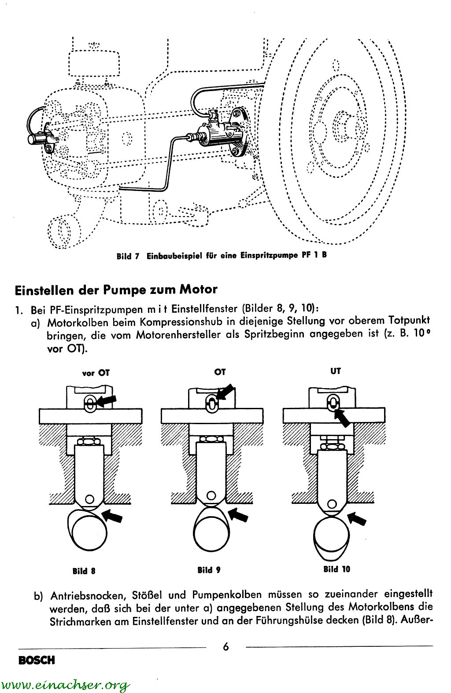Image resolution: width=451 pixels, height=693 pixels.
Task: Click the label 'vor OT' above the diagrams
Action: tap(96, 373)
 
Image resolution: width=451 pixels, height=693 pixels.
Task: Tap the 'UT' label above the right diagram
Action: tap(336, 371)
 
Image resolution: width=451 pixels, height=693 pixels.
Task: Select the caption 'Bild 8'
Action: tap(84, 572)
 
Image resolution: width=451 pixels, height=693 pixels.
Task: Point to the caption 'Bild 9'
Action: tap(209, 570)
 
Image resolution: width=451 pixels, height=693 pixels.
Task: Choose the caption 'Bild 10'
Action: tap(336, 569)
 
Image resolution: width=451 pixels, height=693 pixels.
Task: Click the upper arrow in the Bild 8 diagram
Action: tap(107, 400)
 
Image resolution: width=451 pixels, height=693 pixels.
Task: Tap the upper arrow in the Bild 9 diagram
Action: tap(225, 392)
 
